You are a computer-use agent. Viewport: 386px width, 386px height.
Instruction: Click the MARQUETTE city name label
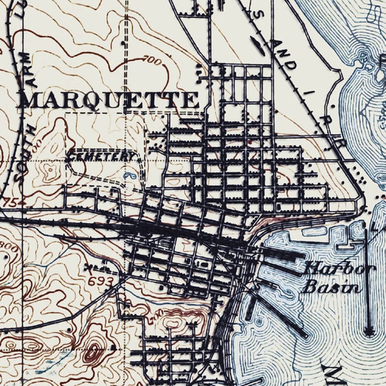click(108, 100)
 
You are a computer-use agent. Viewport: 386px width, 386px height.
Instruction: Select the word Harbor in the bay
click(339, 269)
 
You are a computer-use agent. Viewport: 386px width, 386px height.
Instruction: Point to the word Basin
click(332, 286)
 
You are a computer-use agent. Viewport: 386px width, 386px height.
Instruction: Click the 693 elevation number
click(101, 281)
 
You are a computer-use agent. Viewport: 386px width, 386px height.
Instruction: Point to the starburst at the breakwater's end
click(369, 333)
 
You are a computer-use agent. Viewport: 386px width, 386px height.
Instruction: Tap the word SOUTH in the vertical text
click(20, 151)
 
